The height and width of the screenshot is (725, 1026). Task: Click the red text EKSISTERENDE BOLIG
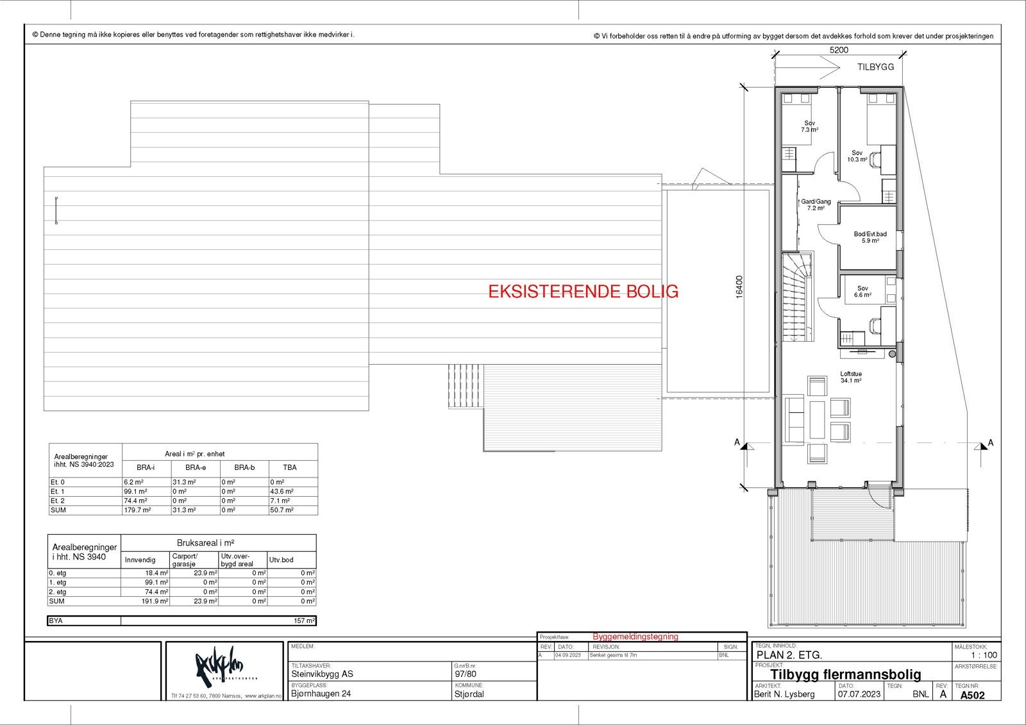pos(583,292)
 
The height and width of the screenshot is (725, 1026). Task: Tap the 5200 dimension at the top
pos(839,50)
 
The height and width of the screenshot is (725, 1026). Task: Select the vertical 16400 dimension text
pos(739,287)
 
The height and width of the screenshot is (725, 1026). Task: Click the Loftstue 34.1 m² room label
pos(851,377)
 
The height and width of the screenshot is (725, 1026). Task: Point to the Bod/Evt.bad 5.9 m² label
pos(870,237)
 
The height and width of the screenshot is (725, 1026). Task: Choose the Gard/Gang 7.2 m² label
pos(815,204)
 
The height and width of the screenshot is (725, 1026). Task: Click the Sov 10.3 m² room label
pos(857,156)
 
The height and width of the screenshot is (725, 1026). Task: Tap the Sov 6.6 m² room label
pos(862,292)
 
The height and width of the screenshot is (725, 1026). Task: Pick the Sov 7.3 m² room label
pos(809,126)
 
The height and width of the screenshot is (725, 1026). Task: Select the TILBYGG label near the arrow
pos(875,67)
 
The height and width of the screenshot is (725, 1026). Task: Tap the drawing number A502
pos(971,694)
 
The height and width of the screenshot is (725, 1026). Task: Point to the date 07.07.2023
pos(859,694)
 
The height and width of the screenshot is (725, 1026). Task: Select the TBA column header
pos(290,467)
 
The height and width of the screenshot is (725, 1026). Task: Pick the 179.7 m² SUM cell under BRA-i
pos(137,510)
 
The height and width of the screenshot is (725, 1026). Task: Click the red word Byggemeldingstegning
pos(635,637)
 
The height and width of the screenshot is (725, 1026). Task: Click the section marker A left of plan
pos(737,442)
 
